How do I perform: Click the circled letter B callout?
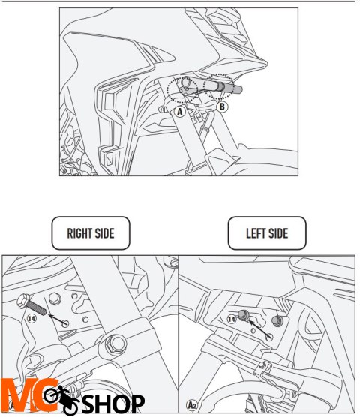click(x=222, y=106)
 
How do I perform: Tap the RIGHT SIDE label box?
click(x=90, y=233)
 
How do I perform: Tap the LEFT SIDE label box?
click(x=266, y=233)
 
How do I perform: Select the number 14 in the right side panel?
click(x=32, y=318)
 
